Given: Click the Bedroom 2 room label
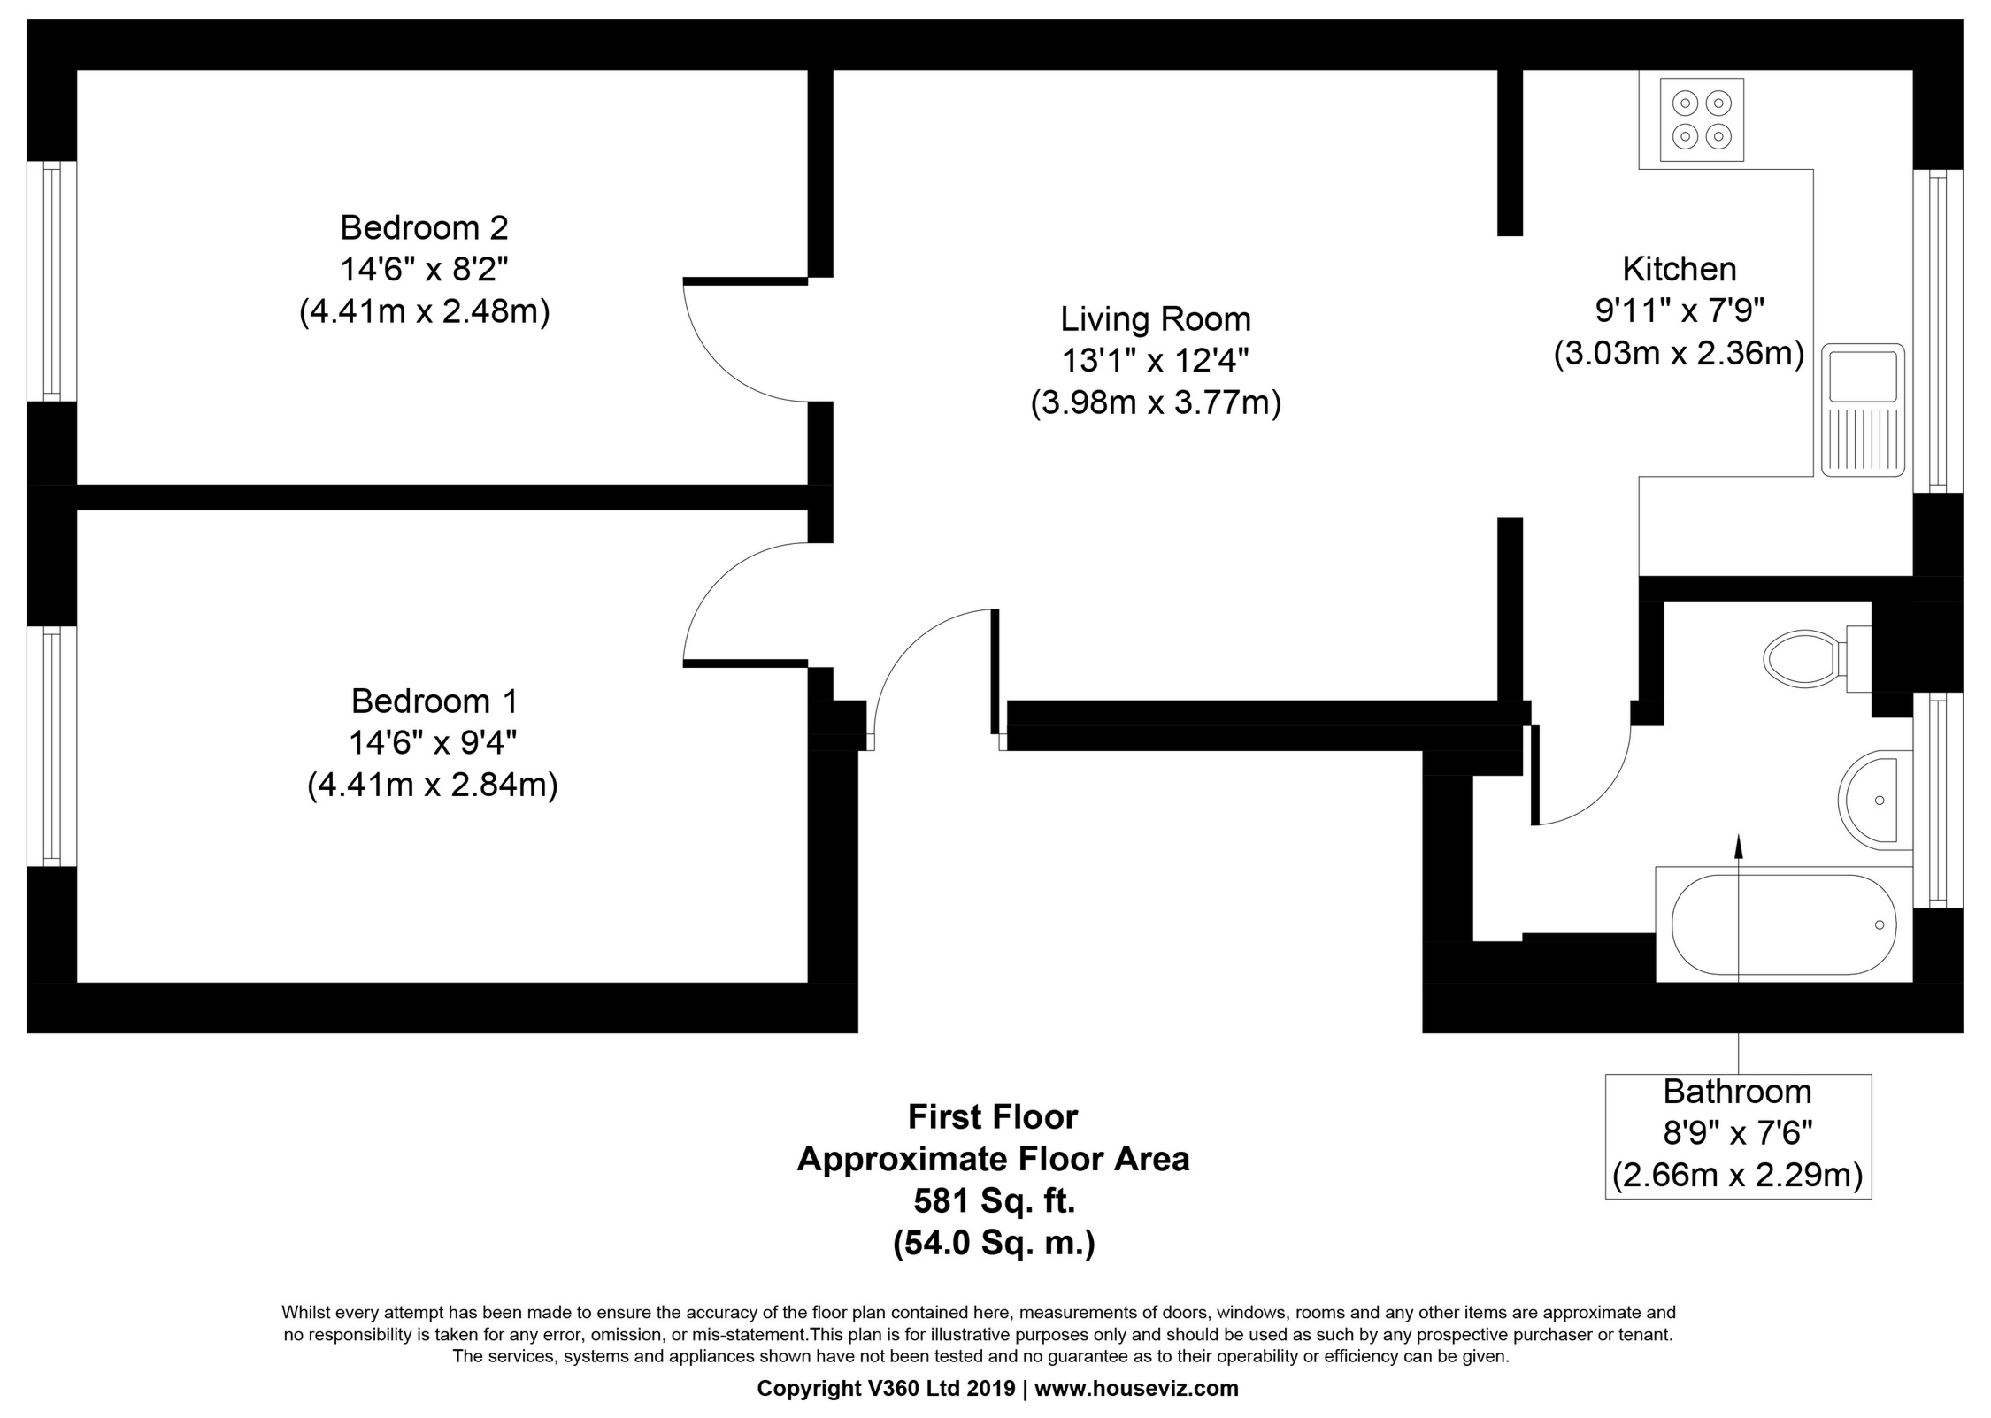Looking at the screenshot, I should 424,228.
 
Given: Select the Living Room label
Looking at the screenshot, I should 1155,319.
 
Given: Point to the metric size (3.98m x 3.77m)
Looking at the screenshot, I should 1155,403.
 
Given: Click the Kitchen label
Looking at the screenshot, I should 1679,269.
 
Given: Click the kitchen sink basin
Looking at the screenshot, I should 1863,375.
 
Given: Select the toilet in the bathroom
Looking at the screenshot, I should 1805,658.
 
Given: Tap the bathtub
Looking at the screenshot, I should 1783,925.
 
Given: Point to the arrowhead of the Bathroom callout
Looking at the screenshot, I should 1738,847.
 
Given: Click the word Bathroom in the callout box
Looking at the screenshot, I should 1737,1092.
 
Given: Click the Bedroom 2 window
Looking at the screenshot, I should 51,281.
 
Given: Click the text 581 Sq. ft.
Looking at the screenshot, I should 994,1201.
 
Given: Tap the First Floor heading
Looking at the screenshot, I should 992,1117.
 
